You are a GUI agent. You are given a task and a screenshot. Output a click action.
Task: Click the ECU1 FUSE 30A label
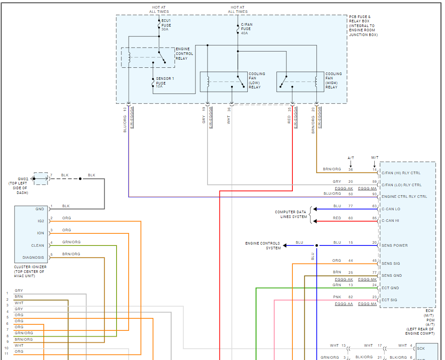(x=166, y=25)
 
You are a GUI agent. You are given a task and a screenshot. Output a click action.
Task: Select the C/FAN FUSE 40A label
(x=247, y=29)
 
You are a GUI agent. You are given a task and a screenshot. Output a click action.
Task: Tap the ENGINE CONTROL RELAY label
(x=184, y=54)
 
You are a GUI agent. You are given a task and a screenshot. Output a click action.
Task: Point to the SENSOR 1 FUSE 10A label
(x=165, y=82)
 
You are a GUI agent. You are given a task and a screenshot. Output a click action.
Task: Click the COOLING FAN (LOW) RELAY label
(x=257, y=80)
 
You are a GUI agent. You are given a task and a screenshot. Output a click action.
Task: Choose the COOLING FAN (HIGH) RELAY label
(x=334, y=80)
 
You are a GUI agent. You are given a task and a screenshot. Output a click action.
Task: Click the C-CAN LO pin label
(x=391, y=209)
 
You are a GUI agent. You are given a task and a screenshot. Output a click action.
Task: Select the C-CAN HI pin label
(x=391, y=221)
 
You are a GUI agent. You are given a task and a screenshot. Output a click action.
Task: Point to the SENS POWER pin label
(x=395, y=245)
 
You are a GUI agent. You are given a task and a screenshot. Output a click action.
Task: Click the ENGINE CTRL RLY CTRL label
(x=404, y=197)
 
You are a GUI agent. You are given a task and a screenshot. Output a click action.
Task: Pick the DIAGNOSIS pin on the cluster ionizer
(x=33, y=257)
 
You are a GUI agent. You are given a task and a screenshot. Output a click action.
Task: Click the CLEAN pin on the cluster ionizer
(x=37, y=245)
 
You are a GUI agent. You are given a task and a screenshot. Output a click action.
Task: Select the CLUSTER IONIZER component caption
(x=30, y=271)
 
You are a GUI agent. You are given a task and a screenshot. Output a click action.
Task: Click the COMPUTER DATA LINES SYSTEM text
(x=291, y=215)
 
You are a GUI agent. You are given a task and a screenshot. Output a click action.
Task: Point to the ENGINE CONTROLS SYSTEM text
(x=263, y=245)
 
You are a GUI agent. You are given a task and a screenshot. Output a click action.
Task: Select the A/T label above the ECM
(x=351, y=157)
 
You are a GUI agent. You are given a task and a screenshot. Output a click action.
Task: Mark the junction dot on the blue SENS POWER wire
(x=317, y=245)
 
